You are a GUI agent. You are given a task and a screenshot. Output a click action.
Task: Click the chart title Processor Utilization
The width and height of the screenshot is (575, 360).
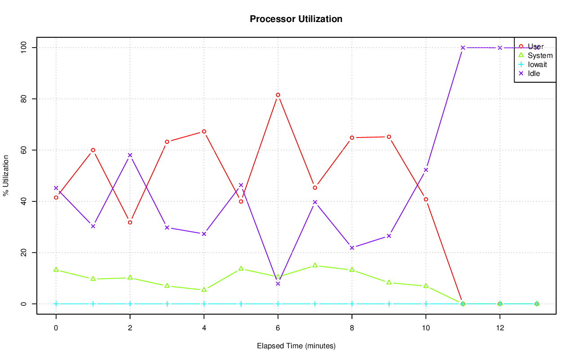pos(296,19)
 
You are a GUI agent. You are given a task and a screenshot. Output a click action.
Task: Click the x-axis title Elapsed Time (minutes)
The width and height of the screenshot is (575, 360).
pos(296,346)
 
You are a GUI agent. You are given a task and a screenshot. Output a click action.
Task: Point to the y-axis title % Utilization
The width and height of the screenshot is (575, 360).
pos(6,175)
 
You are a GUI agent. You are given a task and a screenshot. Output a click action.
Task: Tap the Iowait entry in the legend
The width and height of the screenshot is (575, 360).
pos(537,64)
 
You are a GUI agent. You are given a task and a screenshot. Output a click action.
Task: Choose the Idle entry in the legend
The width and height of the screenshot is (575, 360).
pos(534,73)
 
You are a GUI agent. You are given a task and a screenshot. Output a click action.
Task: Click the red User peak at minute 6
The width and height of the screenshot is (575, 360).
pos(278,95)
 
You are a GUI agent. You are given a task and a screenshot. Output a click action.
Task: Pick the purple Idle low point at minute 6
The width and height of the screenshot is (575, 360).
pos(278,284)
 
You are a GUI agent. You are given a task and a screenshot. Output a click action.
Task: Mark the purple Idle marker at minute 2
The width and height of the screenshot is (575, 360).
pos(130,155)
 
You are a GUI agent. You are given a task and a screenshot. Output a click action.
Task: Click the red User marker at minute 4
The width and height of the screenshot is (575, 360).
pos(204,131)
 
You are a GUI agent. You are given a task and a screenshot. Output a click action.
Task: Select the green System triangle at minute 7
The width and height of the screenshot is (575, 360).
pos(315,265)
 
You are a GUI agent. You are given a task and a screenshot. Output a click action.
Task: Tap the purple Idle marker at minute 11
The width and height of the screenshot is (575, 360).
pos(463,48)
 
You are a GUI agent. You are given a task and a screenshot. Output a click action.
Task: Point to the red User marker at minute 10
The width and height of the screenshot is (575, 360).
pos(426,199)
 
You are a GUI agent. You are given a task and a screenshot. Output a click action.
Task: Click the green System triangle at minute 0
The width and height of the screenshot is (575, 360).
pos(56,269)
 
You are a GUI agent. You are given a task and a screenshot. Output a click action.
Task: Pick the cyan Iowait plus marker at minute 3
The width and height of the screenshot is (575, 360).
pos(167,304)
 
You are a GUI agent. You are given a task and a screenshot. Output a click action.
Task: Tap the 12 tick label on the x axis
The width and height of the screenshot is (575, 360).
pos(500,328)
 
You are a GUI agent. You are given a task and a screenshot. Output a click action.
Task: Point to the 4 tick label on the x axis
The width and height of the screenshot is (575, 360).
pos(204,328)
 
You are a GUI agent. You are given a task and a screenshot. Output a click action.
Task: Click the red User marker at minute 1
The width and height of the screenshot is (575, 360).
pos(93,150)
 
